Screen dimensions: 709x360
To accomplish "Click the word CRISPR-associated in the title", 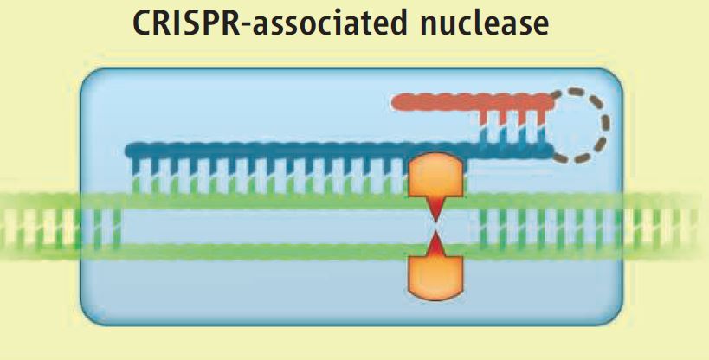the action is (270, 23).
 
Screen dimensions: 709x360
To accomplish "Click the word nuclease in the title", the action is (484, 23).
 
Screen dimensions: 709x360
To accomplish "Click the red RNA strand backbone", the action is (473, 102).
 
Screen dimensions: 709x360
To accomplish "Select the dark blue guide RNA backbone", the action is (339, 151).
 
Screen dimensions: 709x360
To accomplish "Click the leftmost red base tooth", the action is (483, 118).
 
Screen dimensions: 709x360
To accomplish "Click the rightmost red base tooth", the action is (541, 118).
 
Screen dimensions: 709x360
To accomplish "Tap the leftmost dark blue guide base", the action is (136, 166).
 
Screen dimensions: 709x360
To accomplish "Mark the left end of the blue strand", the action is (126, 151).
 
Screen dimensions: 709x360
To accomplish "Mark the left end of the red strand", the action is (392, 102).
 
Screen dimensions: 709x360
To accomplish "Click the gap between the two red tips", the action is (435, 227).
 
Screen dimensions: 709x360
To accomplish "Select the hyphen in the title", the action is (244, 26).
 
